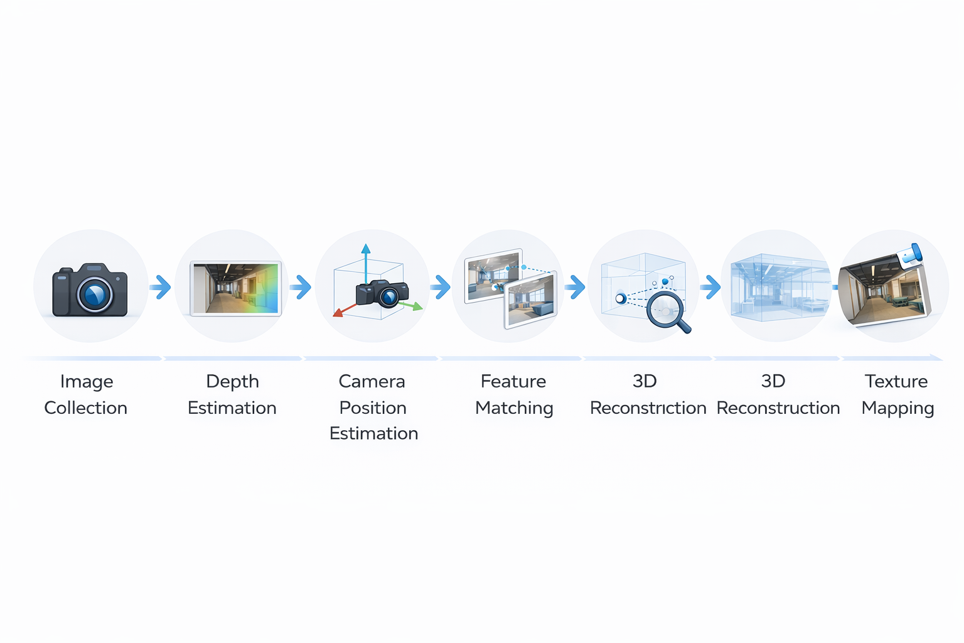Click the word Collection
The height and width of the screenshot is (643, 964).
click(x=86, y=408)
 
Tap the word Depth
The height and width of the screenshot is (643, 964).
click(x=232, y=382)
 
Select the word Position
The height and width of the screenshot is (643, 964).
click(x=373, y=408)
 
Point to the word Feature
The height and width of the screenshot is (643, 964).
click(x=513, y=381)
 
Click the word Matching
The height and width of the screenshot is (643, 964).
click(x=514, y=409)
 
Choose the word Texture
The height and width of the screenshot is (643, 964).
click(x=896, y=381)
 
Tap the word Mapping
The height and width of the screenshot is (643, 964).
click(x=897, y=409)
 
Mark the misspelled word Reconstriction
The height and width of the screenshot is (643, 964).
click(x=648, y=408)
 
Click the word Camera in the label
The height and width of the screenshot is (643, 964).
click(x=372, y=381)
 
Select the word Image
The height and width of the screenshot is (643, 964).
click(x=87, y=382)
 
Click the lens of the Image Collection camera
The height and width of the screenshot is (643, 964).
click(x=95, y=294)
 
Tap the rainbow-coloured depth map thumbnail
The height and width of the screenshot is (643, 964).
click(x=236, y=288)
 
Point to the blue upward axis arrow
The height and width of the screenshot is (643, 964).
click(x=366, y=261)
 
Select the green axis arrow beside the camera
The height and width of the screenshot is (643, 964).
click(x=412, y=306)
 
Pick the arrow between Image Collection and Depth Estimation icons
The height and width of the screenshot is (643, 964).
click(x=161, y=287)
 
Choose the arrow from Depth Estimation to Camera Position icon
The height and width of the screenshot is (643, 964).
click(x=301, y=287)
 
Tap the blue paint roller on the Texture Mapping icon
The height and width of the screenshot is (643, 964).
click(x=910, y=254)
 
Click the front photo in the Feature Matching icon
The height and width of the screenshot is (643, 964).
click(x=531, y=301)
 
